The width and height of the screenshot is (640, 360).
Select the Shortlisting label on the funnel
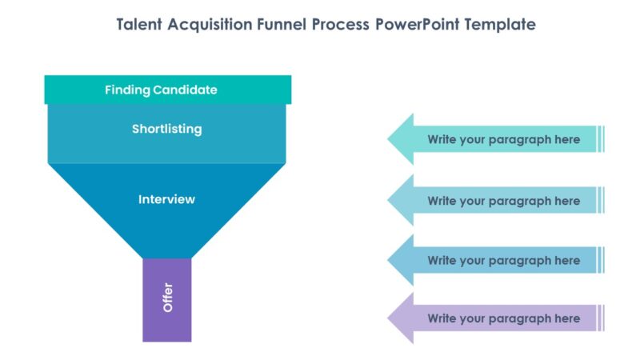pos(166,129)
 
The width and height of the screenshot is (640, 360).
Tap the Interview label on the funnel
pos(166,199)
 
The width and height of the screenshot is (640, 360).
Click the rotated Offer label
pos(167,298)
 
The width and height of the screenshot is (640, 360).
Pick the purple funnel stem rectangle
pos(167,320)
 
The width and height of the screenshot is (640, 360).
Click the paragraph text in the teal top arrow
pos(503,139)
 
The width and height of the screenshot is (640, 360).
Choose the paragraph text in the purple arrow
pos(503,318)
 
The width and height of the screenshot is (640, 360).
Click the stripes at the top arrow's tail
pos(602,139)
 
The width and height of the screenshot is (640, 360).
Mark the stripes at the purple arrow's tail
pos(602,318)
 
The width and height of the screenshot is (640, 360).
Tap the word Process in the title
pos(342,25)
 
